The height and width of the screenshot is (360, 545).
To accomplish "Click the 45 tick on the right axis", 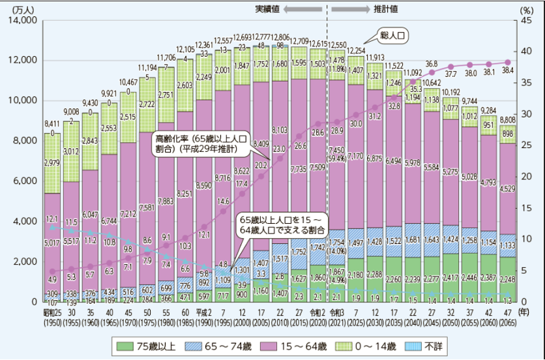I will [522, 21].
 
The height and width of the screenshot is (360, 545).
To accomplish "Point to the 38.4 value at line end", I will [507, 70].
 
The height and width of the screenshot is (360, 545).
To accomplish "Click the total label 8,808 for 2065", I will [507, 119].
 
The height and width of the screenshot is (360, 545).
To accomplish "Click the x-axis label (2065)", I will [507, 322].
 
